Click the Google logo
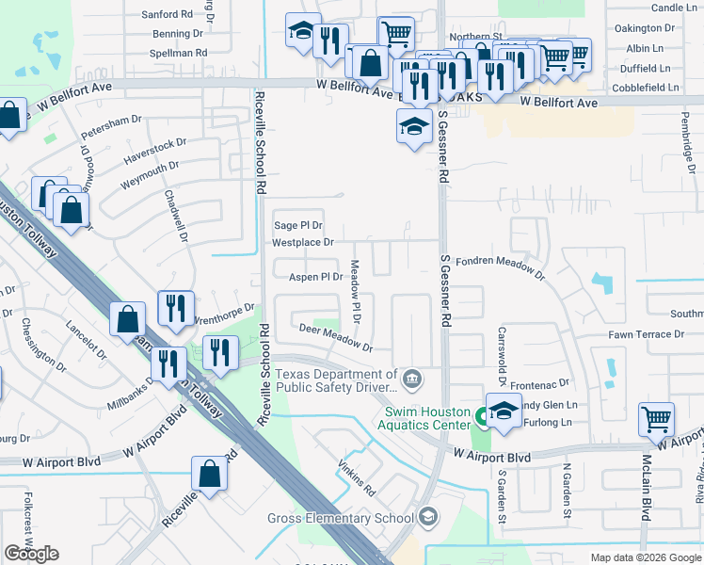(31, 554)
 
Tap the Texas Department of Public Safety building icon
(412, 379)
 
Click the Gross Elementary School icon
(428, 517)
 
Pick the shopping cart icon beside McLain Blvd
(656, 419)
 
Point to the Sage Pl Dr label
(297, 225)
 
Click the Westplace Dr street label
(303, 242)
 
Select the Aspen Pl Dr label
(315, 277)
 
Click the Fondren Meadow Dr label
(500, 266)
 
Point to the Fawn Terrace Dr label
(646, 334)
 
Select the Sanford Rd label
(167, 15)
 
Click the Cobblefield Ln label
(647, 87)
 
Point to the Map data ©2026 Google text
(646, 557)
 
